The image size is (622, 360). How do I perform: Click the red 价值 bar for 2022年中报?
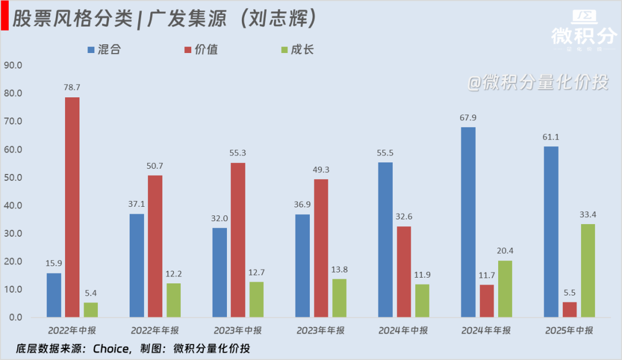pos(72,207)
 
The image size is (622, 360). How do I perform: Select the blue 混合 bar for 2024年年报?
pos(468,222)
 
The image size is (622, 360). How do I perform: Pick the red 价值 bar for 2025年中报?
pos(570,309)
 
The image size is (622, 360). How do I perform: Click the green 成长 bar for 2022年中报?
pos(90,310)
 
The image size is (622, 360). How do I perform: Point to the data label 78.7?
pos(72,88)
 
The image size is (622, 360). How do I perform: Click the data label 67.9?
pos(468,118)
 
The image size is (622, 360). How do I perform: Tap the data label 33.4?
pos(588,215)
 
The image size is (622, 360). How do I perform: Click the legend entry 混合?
pos(104,50)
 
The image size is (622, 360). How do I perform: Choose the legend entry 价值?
pos(200,50)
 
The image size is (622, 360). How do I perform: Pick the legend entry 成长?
pos(297,50)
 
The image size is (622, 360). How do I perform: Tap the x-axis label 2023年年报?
pos(321,331)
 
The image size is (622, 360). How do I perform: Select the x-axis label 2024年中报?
pos(403,331)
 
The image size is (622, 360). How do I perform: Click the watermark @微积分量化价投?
pos(537,83)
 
